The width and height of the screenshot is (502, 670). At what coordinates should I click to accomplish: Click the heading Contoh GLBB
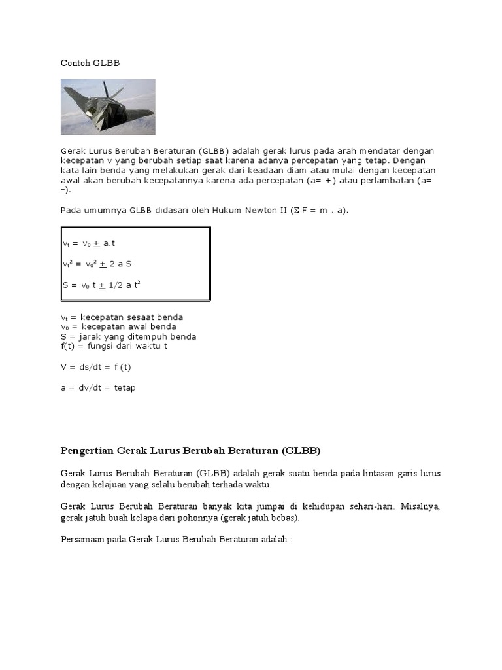(90, 63)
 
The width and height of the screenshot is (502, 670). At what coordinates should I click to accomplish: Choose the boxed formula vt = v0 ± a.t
(88, 243)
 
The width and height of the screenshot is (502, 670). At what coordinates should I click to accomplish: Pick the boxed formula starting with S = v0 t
(101, 285)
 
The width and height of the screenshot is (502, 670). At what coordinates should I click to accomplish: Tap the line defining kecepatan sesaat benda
(122, 317)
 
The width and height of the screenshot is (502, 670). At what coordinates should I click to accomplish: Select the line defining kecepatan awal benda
(118, 326)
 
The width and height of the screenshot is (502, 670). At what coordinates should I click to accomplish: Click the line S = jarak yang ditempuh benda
(128, 336)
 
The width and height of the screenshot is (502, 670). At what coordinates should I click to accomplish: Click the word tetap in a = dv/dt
(125, 387)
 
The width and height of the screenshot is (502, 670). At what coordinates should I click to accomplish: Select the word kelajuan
(107, 485)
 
